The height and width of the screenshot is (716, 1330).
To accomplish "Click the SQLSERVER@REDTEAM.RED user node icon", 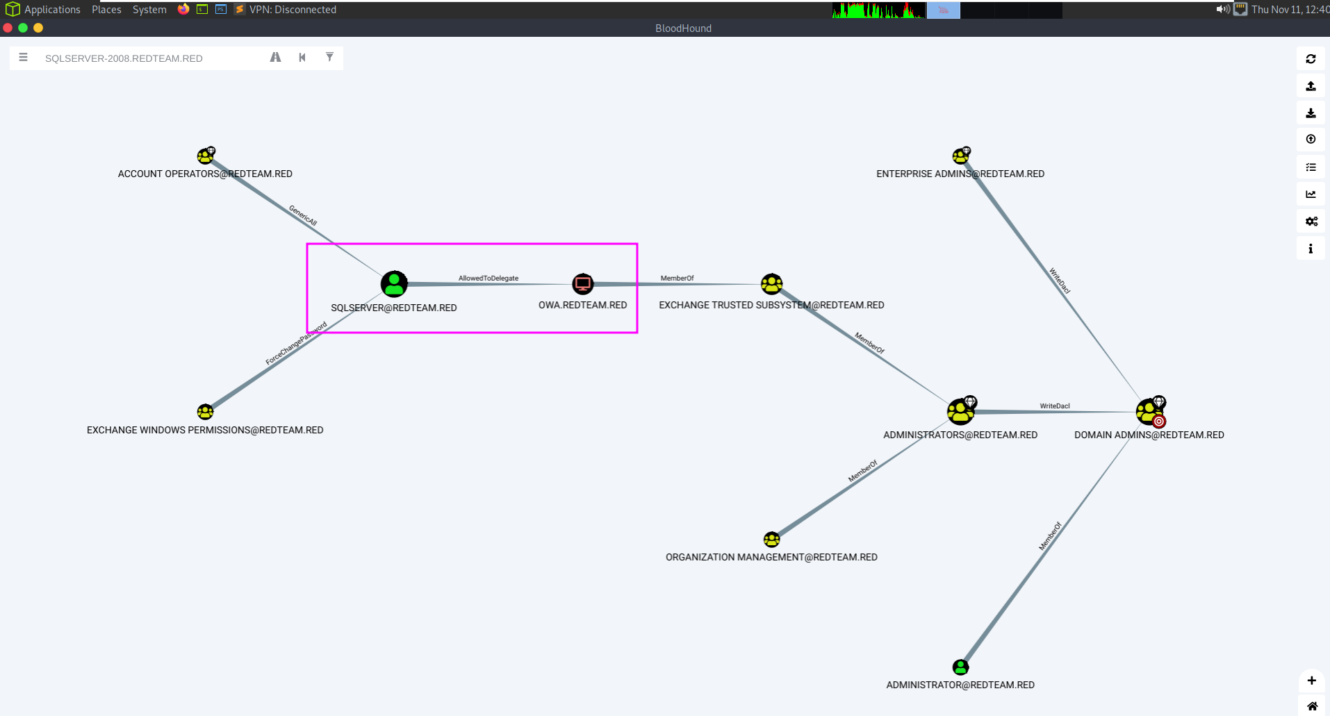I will [394, 284].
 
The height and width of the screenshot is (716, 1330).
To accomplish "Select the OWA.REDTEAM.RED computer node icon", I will [582, 283].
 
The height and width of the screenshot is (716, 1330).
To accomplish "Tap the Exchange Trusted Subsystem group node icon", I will [771, 283].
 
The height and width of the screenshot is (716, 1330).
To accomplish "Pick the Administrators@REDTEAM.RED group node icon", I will [960, 412].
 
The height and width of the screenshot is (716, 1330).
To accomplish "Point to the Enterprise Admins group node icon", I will [960, 156].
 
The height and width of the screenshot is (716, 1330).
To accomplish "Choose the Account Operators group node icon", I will [205, 156].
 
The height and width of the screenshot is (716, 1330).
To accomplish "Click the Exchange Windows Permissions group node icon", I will [205, 412].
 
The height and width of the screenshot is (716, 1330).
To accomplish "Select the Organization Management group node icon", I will [771, 540].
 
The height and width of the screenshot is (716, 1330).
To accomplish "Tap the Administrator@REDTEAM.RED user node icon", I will [960, 667].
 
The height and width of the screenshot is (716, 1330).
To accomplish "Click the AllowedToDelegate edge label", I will [488, 278].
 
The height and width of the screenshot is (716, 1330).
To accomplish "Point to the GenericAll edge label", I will [303, 216].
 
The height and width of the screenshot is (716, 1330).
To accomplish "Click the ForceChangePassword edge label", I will [296, 343].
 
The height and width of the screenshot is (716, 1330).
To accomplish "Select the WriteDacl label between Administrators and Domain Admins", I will [1054, 406].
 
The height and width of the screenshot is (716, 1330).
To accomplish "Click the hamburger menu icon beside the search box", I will [24, 58].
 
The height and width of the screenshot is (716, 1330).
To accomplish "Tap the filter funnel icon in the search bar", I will [329, 57].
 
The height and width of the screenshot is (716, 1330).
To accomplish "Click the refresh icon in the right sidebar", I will [1311, 59].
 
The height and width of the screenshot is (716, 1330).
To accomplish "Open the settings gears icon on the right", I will [1311, 222].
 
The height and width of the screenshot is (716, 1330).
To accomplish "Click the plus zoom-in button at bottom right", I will [1311, 681].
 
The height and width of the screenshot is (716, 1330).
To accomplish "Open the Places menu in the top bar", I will [106, 10].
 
